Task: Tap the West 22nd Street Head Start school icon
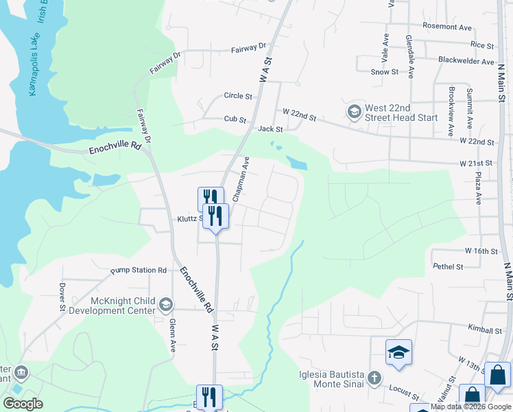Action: coord(354,111)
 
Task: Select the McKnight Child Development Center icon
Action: coord(165,304)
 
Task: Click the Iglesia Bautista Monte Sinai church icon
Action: coord(374,377)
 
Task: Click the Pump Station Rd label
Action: coord(139,271)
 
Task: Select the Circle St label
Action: coord(238,96)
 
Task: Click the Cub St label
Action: coord(235,119)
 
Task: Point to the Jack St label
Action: coord(270,129)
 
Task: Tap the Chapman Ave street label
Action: coord(240,179)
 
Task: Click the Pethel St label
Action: coord(448,266)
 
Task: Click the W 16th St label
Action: coord(481,251)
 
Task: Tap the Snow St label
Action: coord(384,71)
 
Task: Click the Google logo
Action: coord(23,404)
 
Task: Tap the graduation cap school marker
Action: coord(398,353)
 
